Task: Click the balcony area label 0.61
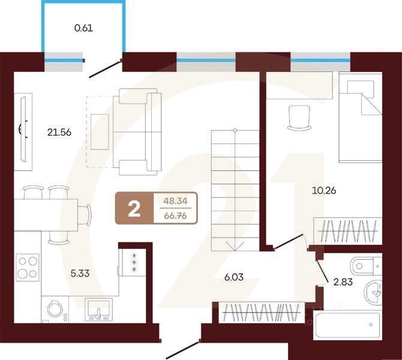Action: (84, 28)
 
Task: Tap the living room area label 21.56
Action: (60, 133)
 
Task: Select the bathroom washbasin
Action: (375, 293)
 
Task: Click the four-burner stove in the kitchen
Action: (27, 267)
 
